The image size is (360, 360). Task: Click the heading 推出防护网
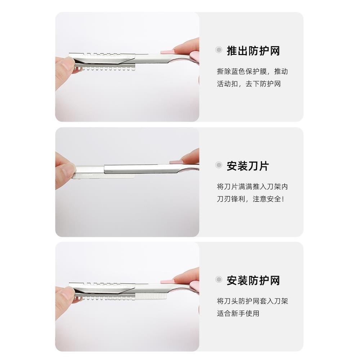click(x=253, y=51)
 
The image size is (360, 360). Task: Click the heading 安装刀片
click(x=248, y=166)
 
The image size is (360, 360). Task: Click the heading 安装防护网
click(x=253, y=280)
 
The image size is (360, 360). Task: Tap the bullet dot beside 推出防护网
click(x=219, y=50)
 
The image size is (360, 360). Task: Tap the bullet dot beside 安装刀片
click(x=219, y=165)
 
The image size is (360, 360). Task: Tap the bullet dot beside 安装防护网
click(x=219, y=280)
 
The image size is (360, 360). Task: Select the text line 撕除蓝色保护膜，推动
click(x=252, y=71)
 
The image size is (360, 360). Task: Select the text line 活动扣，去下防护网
click(x=249, y=84)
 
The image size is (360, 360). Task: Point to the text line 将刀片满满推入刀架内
click(x=252, y=186)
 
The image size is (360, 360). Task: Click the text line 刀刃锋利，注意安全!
click(x=251, y=199)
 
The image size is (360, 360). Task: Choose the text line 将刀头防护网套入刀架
click(x=252, y=301)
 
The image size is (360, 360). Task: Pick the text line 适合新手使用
click(x=238, y=313)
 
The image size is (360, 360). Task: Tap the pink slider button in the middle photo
click(x=175, y=162)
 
